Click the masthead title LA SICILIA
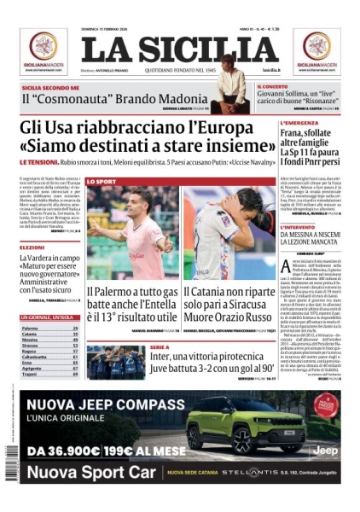pyautogui.click(x=179, y=49)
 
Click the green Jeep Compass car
pyautogui.click(x=243, y=428)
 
